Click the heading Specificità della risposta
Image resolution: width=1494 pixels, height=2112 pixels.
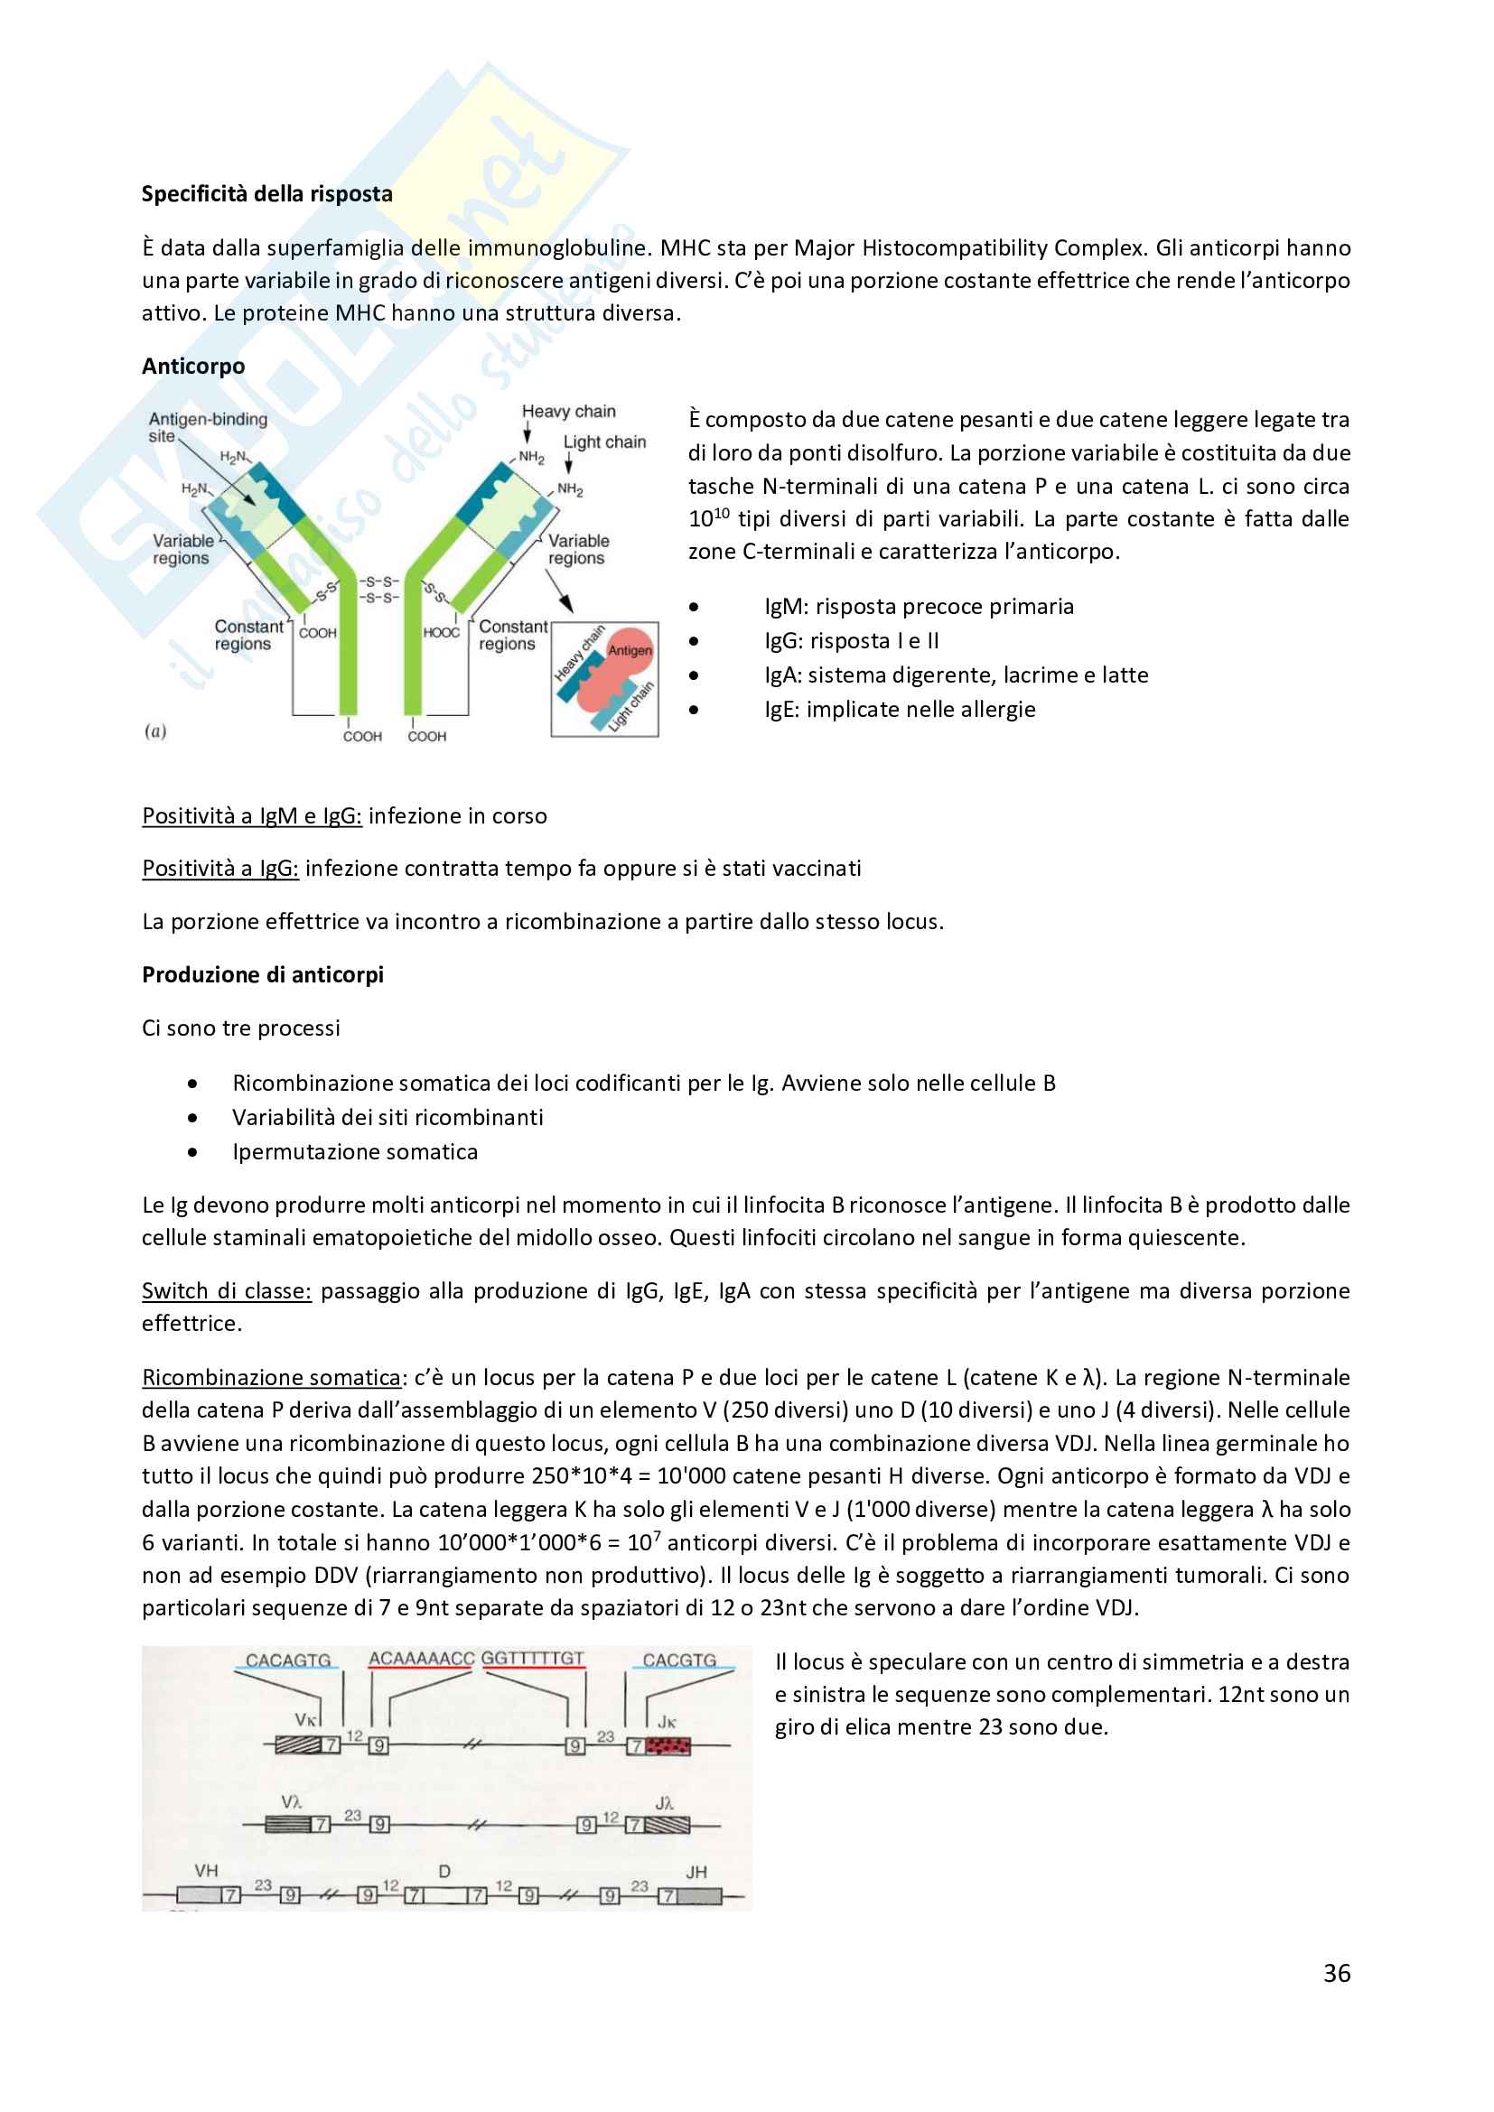coord(266,194)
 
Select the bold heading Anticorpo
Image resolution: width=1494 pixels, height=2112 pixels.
coord(193,366)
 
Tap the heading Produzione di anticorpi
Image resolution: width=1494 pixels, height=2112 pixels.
coord(262,975)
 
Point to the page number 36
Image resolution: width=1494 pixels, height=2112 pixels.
coord(1337,1973)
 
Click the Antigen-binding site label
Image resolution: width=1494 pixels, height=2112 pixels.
coord(207,427)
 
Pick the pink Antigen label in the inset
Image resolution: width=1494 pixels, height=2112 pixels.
coord(630,650)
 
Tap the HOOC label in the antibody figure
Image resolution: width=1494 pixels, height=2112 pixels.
coord(441,633)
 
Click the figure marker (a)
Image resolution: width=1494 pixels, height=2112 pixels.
coord(155,731)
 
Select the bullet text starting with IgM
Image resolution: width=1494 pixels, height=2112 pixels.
coord(918,607)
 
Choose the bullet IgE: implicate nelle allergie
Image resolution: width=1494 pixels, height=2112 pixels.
coord(899,710)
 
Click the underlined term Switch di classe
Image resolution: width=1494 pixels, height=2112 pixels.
coord(227,1291)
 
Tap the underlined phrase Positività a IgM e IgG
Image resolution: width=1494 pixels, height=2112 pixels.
coord(251,817)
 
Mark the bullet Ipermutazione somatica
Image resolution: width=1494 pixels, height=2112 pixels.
coord(354,1152)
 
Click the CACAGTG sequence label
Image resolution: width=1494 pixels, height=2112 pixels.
coord(288,1661)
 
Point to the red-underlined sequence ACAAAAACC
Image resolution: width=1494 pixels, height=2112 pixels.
coord(420,1659)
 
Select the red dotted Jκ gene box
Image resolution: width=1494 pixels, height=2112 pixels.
coord(668,1745)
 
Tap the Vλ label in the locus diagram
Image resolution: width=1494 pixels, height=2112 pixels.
coord(292,1802)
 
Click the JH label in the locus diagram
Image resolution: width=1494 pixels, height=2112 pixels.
coord(696,1872)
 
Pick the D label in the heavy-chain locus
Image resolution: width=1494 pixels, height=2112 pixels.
coord(444,1871)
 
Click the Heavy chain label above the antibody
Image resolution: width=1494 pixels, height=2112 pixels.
coord(568,411)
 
